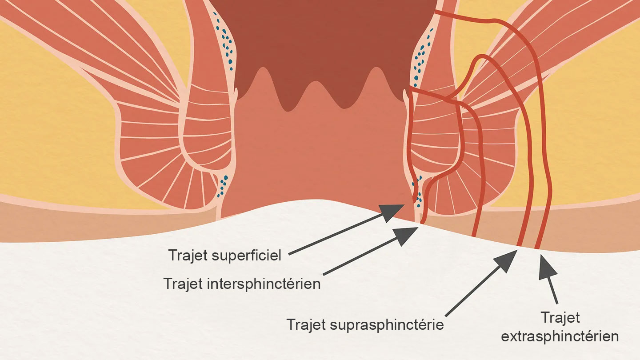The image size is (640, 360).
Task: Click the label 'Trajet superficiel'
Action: click(225, 255)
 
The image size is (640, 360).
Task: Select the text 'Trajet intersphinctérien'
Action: click(242, 284)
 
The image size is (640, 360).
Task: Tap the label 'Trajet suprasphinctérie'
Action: click(365, 324)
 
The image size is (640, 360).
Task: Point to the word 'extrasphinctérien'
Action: click(560, 336)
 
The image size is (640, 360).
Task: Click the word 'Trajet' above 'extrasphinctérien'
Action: click(560, 318)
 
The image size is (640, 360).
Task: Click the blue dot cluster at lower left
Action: click(222, 186)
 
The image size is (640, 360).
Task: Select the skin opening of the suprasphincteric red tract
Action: click(520, 245)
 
